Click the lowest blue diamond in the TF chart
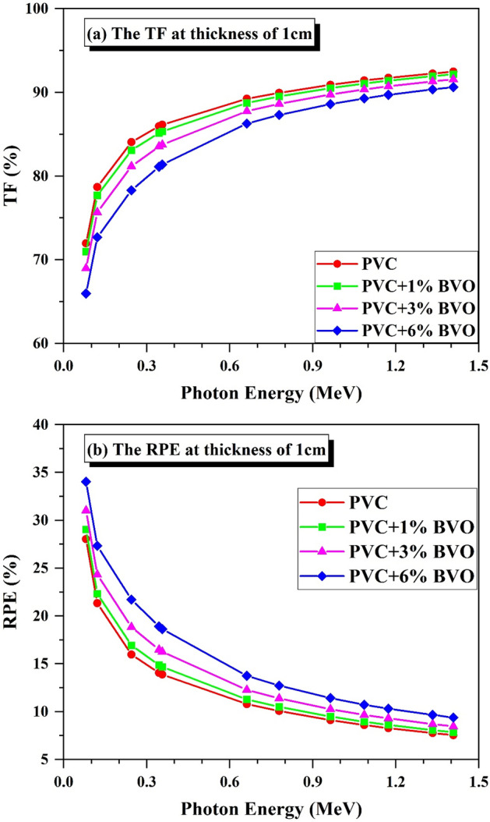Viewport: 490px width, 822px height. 86,293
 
